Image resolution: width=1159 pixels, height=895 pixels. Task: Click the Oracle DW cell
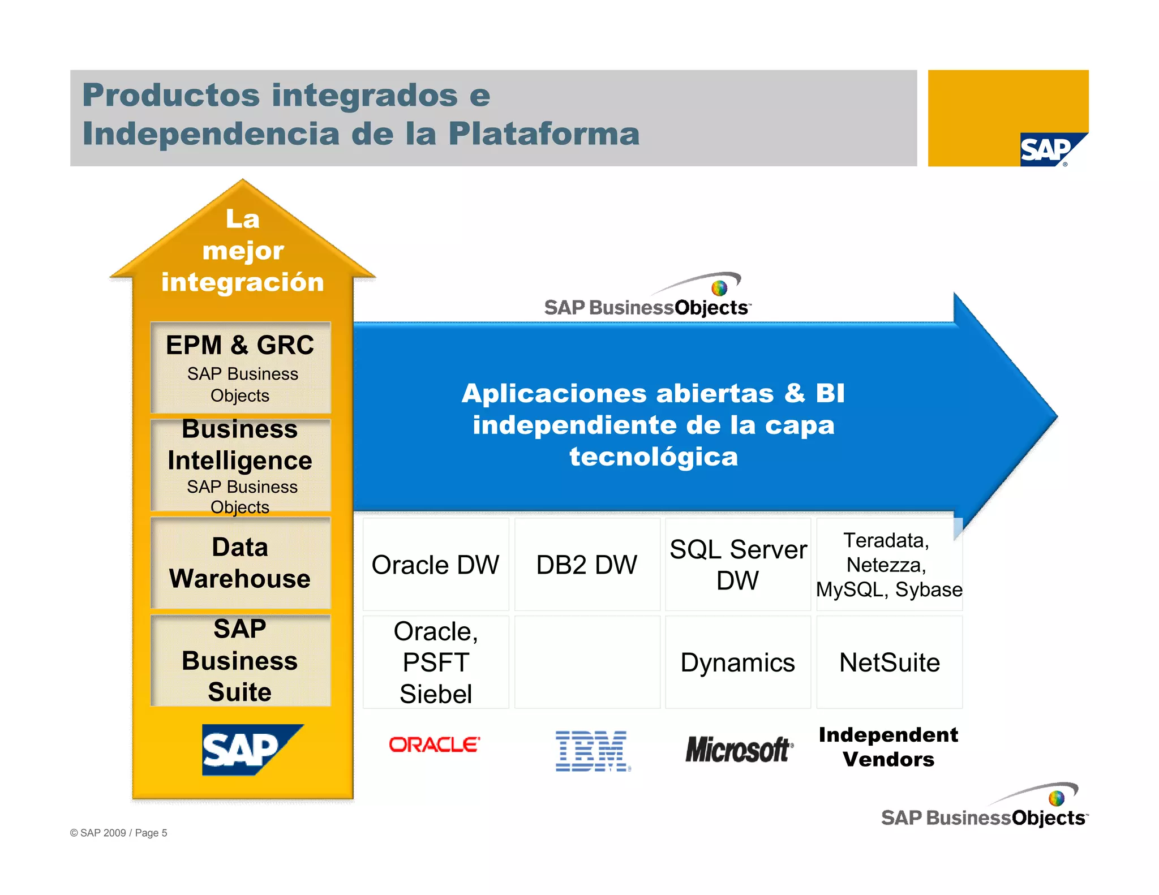pyautogui.click(x=435, y=565)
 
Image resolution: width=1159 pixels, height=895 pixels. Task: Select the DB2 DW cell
pyautogui.click(x=587, y=565)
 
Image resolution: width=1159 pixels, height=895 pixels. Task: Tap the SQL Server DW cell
pyautogui.click(x=738, y=565)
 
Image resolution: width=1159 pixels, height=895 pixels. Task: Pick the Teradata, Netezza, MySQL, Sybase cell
pyautogui.click(x=889, y=565)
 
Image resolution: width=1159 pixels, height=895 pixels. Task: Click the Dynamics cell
pyautogui.click(x=738, y=662)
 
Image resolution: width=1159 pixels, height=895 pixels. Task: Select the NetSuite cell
pyautogui.click(x=889, y=662)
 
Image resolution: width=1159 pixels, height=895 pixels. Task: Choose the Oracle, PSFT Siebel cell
pyautogui.click(x=435, y=662)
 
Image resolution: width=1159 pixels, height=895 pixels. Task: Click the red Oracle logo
pyautogui.click(x=434, y=745)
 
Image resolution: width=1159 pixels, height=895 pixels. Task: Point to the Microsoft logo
pyautogui.click(x=739, y=749)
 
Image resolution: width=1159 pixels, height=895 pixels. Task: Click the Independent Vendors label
pyautogui.click(x=888, y=747)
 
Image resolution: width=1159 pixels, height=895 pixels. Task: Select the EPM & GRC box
pyautogui.click(x=241, y=367)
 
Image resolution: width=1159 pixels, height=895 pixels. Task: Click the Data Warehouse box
pyautogui.click(x=241, y=563)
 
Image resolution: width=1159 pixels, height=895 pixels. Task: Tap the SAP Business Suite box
pyautogui.click(x=241, y=660)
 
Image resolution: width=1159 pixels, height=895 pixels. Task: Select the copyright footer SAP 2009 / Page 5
pyautogui.click(x=119, y=833)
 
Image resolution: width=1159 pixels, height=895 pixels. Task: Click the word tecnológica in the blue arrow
pyautogui.click(x=654, y=457)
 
